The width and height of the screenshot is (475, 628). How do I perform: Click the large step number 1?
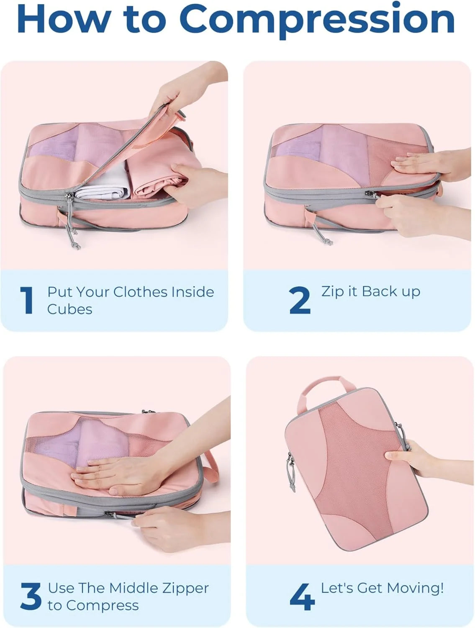coord(27,301)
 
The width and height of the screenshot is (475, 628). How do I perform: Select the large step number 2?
coord(299,300)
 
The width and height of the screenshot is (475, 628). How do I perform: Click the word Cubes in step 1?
coord(69,309)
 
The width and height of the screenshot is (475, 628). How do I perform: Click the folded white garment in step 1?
coord(103,183)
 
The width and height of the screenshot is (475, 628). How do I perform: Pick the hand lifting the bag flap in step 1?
coord(186,89)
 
